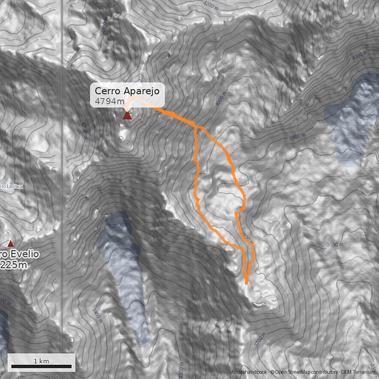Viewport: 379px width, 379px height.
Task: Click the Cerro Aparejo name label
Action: tap(126, 91)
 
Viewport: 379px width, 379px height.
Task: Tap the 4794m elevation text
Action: tap(109, 101)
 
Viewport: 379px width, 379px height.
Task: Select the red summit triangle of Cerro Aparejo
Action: tap(127, 115)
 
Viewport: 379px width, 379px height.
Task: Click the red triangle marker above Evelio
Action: tap(10, 244)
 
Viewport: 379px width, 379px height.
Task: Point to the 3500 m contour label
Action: tap(334, 244)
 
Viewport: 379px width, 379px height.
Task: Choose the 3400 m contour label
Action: tap(98, 314)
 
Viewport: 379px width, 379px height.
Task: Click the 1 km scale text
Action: tap(41, 361)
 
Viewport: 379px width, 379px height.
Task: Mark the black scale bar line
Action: tap(41, 367)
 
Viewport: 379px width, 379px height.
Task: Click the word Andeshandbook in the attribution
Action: tap(249, 372)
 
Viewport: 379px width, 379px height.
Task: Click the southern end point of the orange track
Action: tap(247, 283)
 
